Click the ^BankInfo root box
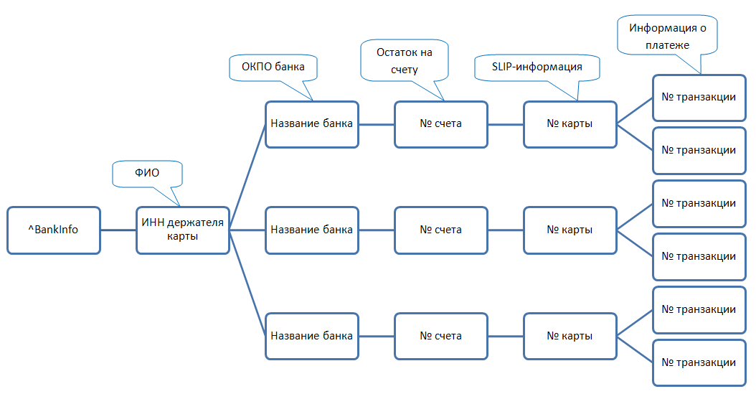point(54,230)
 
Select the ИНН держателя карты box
point(182,230)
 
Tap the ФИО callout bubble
point(147,174)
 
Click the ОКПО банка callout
point(273,67)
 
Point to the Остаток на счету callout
point(405,60)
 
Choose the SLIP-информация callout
point(537,67)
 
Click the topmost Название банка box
point(311,123)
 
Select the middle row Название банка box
point(311,230)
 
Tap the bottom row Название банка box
point(311,336)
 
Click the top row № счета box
point(440,123)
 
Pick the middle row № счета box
point(440,230)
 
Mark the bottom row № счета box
point(440,336)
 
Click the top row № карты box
point(570,123)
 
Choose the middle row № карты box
point(570,230)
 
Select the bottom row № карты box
point(570,336)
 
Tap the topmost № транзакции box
point(699,97)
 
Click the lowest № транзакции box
point(699,362)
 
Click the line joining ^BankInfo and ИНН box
point(118,230)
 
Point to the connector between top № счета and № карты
point(505,123)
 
